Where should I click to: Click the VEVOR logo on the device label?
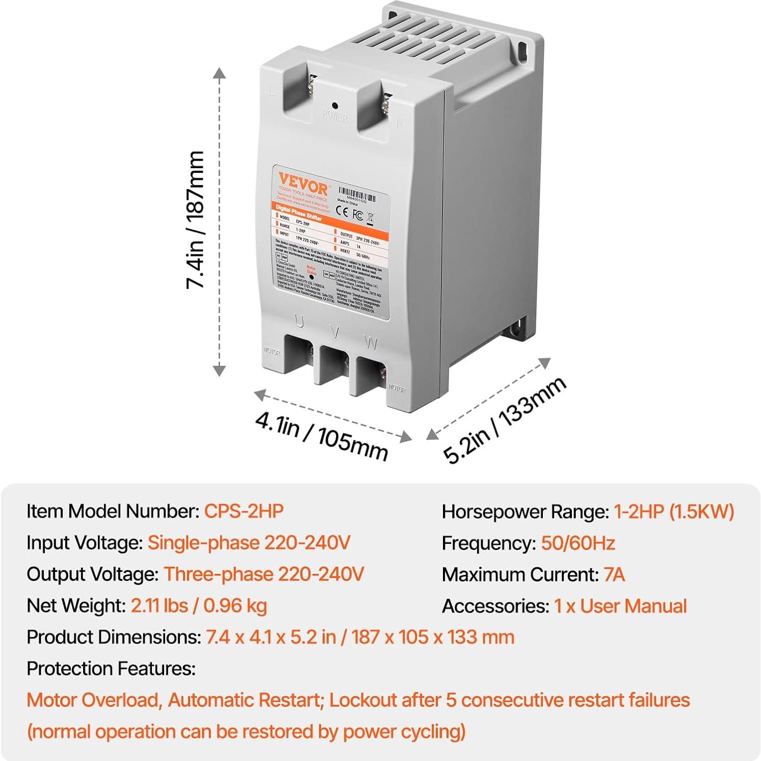coord(303,182)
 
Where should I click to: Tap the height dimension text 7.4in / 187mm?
coord(195,220)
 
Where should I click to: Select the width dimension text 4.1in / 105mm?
coord(321,435)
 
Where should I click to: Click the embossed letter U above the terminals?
coord(299,322)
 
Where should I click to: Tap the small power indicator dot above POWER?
coord(335,106)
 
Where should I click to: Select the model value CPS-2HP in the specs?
coord(244,511)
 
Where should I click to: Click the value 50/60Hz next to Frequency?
coord(578,543)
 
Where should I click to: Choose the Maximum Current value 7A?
coord(614,574)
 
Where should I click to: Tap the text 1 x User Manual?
coord(620,606)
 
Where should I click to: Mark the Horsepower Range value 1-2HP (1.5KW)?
coord(674,511)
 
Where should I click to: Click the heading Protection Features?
coord(111,668)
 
